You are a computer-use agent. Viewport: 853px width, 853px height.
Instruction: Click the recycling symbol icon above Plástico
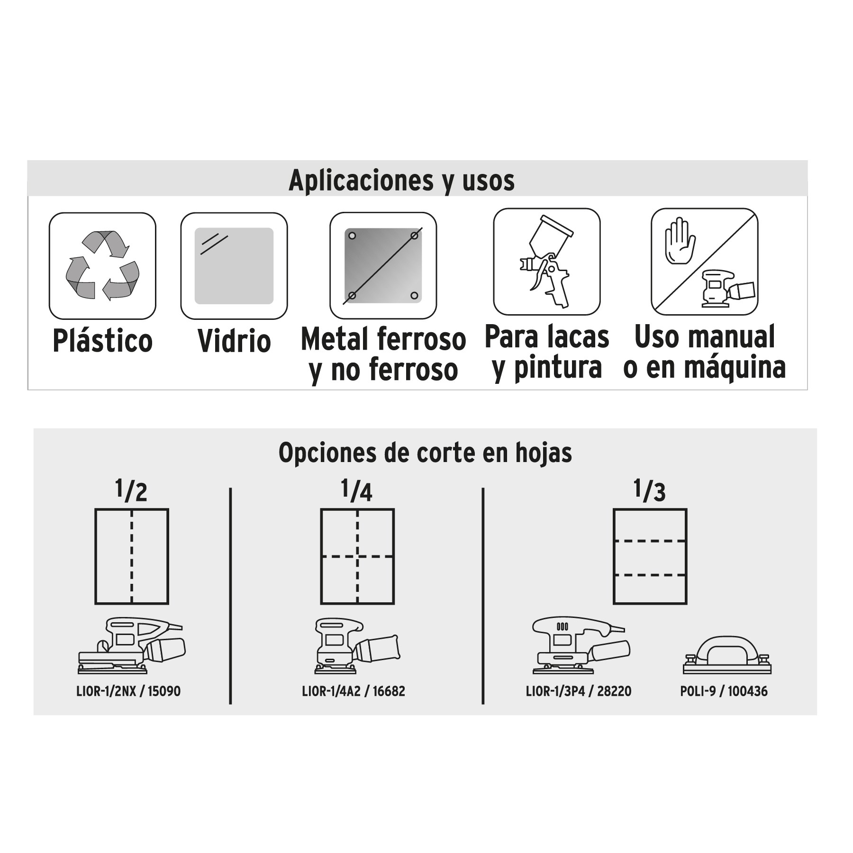[x=102, y=266]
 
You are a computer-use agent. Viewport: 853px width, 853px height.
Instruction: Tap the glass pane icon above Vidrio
[x=234, y=266]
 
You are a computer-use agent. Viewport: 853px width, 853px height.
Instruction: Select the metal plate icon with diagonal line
[x=383, y=265]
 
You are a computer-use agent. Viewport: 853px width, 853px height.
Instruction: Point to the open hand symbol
[x=680, y=241]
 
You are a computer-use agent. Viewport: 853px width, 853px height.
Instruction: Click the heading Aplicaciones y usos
[x=401, y=181]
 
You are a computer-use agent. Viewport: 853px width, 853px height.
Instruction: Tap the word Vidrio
[x=234, y=341]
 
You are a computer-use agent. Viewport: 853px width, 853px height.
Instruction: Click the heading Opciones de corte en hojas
[x=425, y=453]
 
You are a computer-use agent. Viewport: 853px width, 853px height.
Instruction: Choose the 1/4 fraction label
[x=356, y=490]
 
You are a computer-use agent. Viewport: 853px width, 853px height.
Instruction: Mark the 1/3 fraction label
[x=649, y=490]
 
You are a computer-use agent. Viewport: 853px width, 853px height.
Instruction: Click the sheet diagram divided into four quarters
[x=357, y=556]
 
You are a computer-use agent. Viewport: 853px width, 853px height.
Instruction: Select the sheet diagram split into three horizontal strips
[x=650, y=556]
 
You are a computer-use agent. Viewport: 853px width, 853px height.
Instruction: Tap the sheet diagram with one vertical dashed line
[x=132, y=556]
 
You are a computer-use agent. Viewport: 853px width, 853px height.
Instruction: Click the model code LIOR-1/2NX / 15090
[x=128, y=691]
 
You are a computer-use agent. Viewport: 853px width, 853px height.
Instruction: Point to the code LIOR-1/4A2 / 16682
[x=354, y=691]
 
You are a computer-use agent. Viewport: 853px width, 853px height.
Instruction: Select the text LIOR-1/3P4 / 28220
[x=579, y=691]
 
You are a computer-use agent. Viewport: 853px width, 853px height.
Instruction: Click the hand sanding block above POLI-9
[x=727, y=655]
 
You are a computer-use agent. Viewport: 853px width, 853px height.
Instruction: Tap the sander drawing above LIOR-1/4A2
[x=357, y=645]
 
